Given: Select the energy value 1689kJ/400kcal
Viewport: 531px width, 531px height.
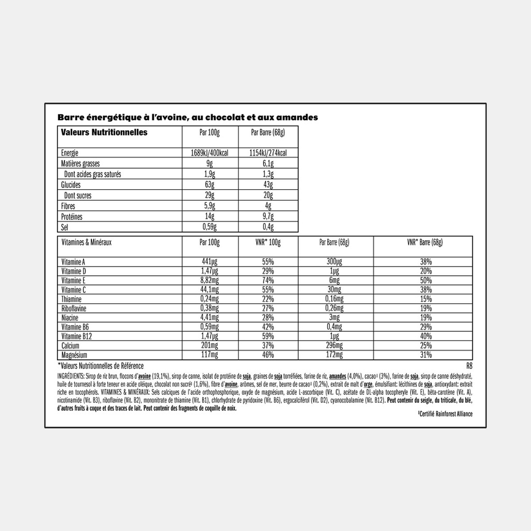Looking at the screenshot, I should coord(210,153).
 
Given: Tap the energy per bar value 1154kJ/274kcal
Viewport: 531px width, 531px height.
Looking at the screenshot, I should coord(268,153).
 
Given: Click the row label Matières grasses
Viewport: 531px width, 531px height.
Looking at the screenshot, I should coord(80,164).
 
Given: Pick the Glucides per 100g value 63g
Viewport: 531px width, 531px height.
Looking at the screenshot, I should coord(210,185).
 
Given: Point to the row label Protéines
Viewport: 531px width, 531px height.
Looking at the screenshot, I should coord(72,217).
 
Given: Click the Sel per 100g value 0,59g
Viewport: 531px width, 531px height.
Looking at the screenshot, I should coord(210,227).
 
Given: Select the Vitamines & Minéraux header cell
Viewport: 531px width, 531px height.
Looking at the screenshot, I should coord(87,242).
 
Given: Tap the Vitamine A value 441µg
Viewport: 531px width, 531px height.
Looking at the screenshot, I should coord(210,262).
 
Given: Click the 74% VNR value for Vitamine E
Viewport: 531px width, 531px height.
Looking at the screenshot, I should coord(268,281).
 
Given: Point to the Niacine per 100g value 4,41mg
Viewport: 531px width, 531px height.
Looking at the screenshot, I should coord(210,318).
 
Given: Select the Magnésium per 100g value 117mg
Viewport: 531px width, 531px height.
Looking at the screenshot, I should coord(210,355).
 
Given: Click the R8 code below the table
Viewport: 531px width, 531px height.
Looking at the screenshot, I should coord(469,365).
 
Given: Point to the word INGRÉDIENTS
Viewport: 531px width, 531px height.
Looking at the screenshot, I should coord(71,375).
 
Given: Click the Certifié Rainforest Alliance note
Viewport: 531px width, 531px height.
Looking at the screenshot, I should coord(445,414).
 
